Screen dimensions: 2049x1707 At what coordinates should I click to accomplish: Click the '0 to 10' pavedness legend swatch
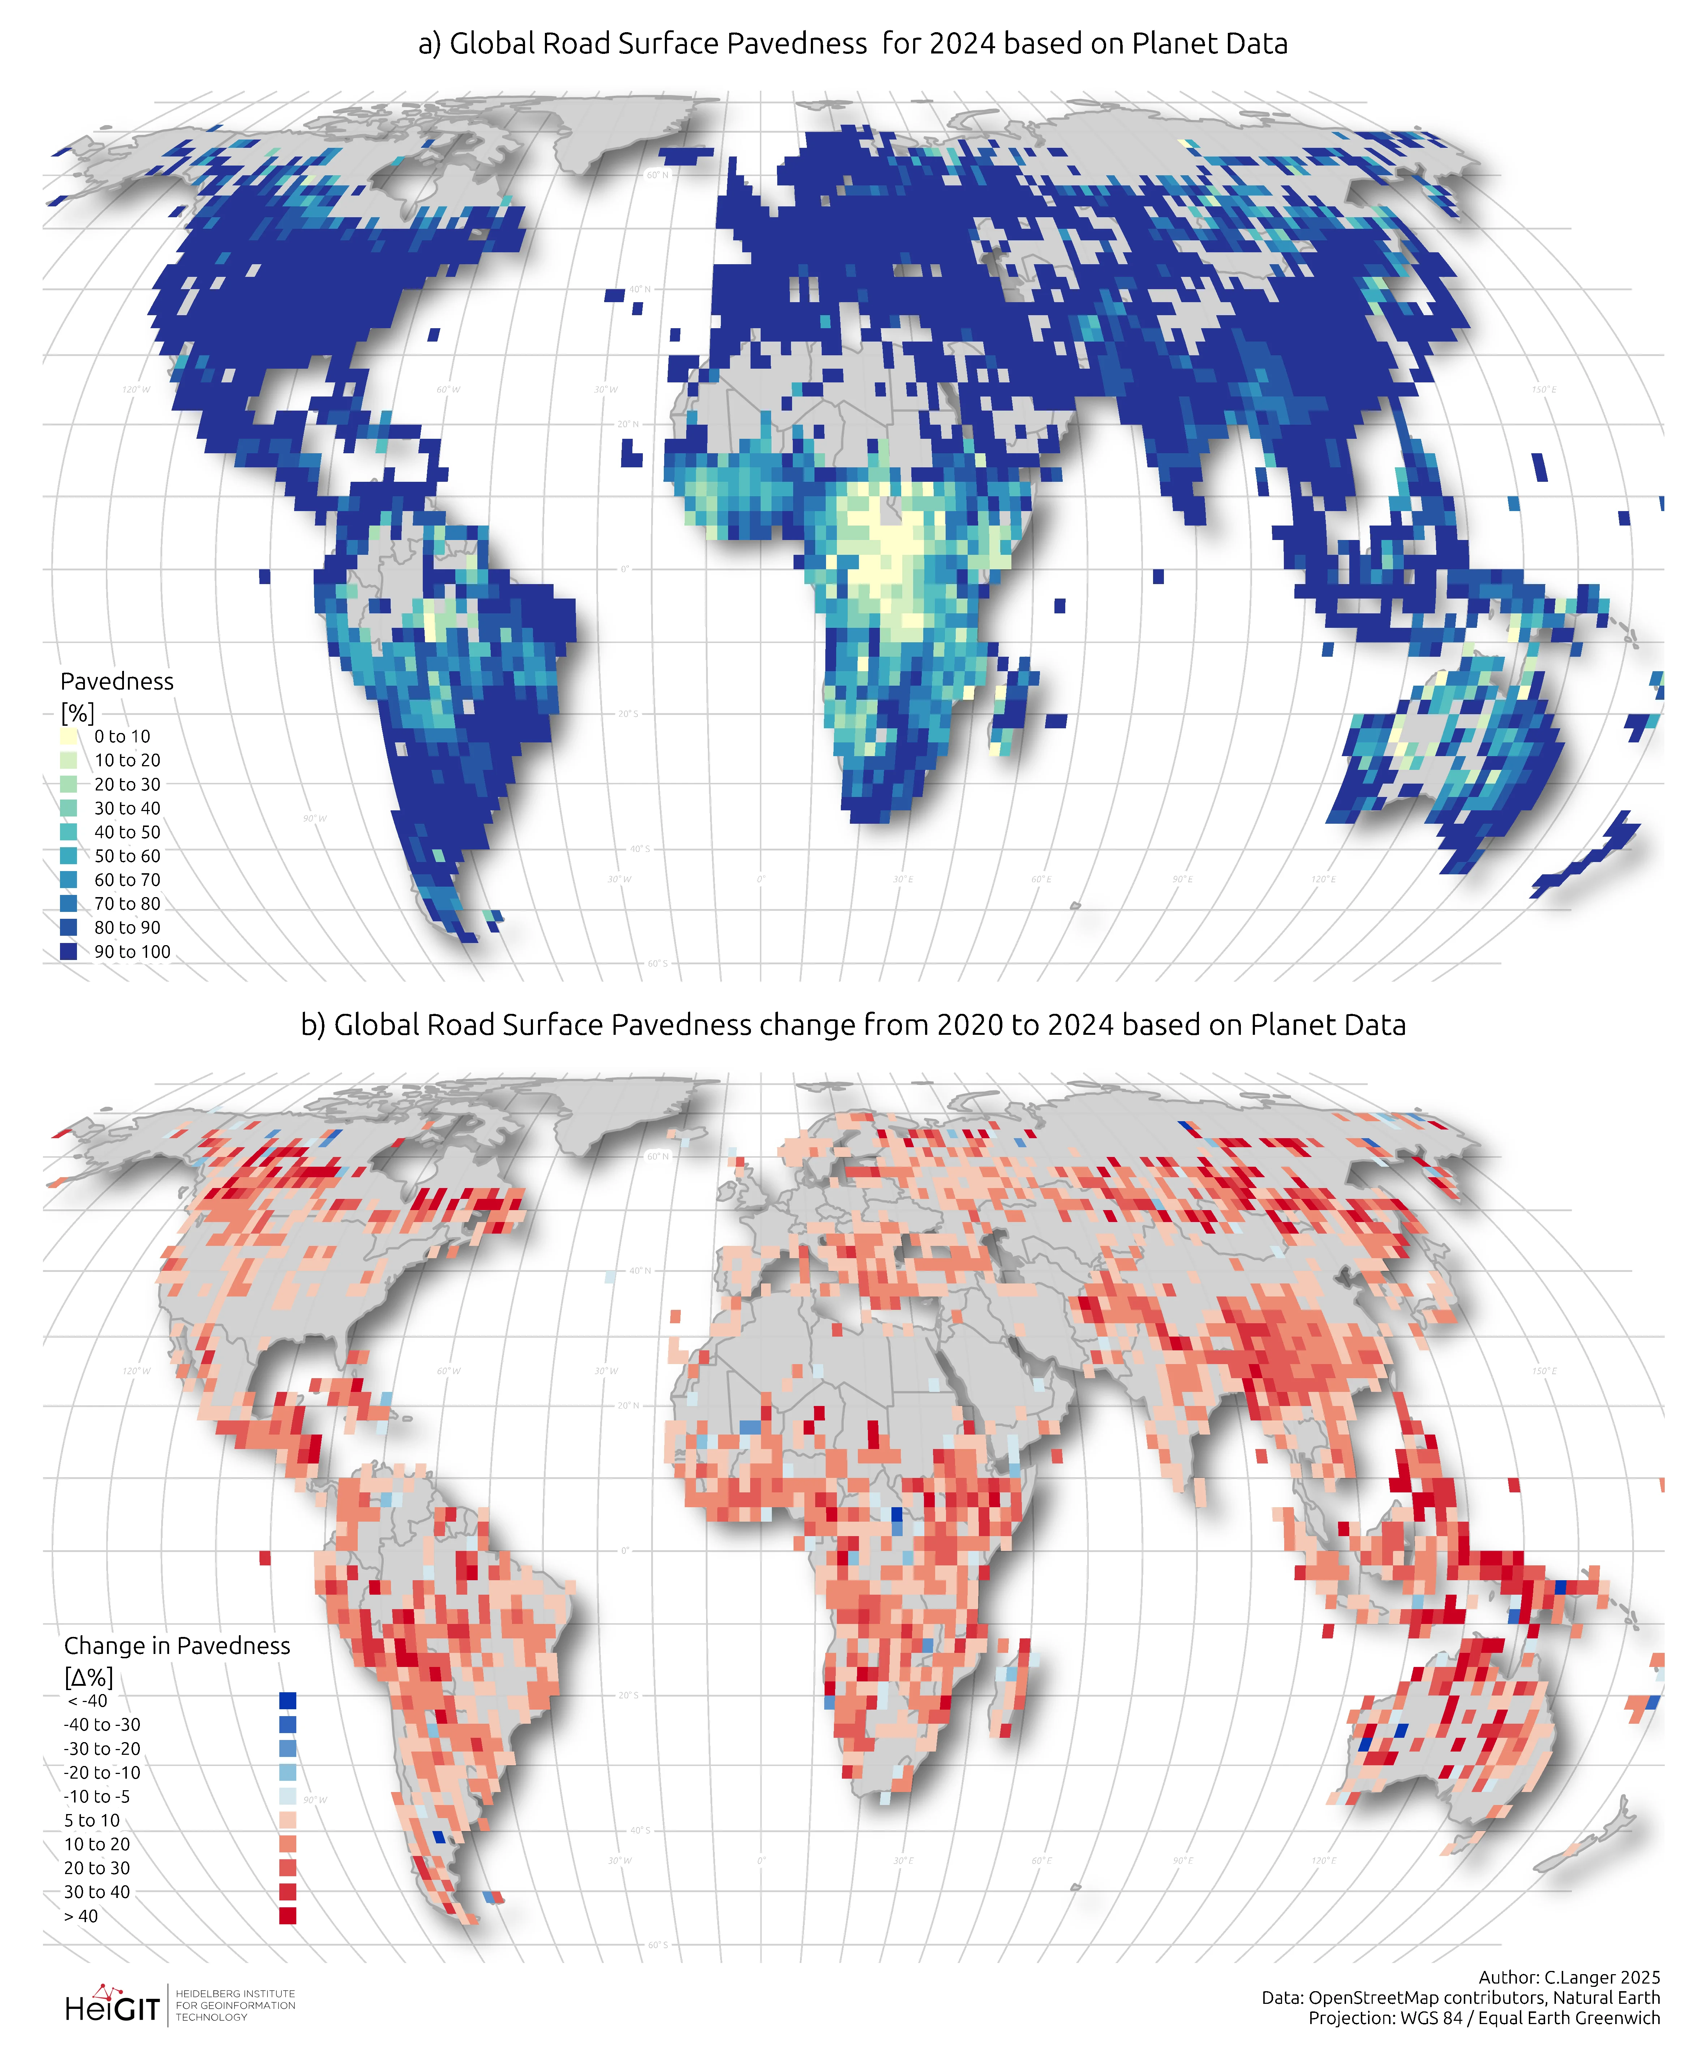(68, 737)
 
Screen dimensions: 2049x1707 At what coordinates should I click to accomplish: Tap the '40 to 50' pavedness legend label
(127, 832)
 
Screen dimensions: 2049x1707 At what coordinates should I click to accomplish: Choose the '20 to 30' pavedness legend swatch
(68, 784)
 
